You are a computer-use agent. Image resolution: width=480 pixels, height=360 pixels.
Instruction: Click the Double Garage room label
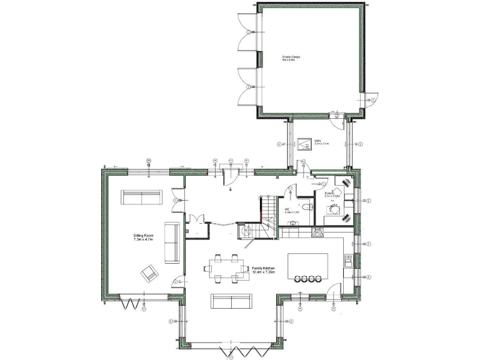(291, 58)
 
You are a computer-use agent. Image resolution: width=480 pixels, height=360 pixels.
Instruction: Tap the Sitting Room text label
(144, 237)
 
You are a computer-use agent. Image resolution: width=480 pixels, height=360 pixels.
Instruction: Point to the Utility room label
(321, 142)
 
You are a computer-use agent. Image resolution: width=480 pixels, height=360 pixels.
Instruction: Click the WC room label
(292, 211)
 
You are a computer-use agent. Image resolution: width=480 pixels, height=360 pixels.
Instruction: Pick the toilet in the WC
(310, 206)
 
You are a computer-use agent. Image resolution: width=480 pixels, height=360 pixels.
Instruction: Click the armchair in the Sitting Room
(150, 272)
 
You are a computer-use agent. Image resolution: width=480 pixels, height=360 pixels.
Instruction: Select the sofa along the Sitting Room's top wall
(142, 198)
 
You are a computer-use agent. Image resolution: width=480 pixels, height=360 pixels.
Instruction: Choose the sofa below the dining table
(230, 301)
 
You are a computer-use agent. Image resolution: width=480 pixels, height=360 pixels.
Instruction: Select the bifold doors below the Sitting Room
(132, 304)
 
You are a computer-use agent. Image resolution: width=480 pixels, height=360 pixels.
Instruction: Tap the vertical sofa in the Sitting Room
(171, 241)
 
